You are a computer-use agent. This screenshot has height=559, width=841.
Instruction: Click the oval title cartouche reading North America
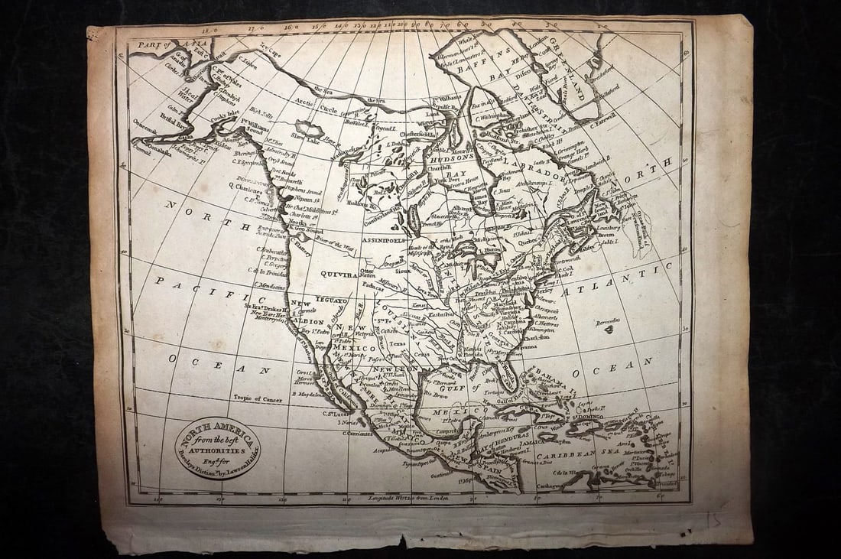217,447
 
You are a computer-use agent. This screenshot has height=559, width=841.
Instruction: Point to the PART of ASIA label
159,44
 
